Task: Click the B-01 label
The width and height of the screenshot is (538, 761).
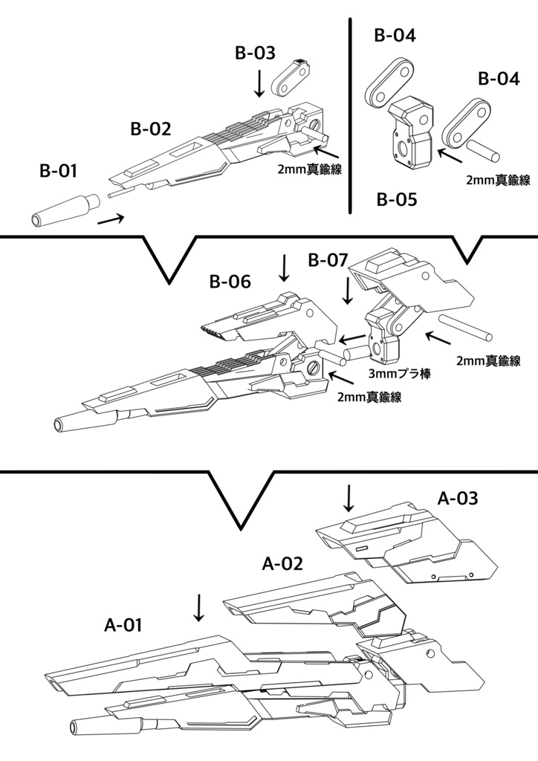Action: pyautogui.click(x=58, y=172)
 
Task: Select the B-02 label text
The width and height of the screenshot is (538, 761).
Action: pyautogui.click(x=151, y=129)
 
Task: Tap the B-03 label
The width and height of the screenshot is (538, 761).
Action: pyautogui.click(x=255, y=53)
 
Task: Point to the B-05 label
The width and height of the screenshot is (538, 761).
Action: pyautogui.click(x=396, y=199)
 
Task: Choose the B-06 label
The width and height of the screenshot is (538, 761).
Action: pyautogui.click(x=230, y=282)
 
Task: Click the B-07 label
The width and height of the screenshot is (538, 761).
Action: pyautogui.click(x=327, y=260)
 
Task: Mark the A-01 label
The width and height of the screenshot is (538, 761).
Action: pyautogui.click(x=123, y=625)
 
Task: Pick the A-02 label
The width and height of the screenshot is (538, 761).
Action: pyautogui.click(x=282, y=563)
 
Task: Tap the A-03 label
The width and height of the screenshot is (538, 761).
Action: pyautogui.click(x=457, y=499)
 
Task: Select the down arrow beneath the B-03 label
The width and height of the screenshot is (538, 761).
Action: pyautogui.click(x=259, y=83)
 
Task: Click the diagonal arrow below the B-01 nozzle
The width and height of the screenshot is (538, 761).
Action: pyautogui.click(x=111, y=218)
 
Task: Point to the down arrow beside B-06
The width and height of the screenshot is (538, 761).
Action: pyautogui.click(x=282, y=268)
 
